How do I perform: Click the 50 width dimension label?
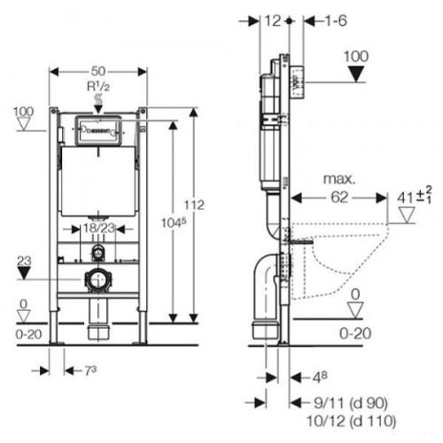point(98,71)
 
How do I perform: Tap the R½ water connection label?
point(98,87)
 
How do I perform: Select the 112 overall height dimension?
point(194,205)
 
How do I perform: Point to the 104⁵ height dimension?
point(174,222)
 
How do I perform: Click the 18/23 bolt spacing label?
point(98,228)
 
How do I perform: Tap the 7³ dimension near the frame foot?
point(90,370)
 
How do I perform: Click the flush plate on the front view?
point(98,130)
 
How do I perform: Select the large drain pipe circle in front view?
point(98,279)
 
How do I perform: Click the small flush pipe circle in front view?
point(98,253)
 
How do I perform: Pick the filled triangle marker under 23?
point(24,273)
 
